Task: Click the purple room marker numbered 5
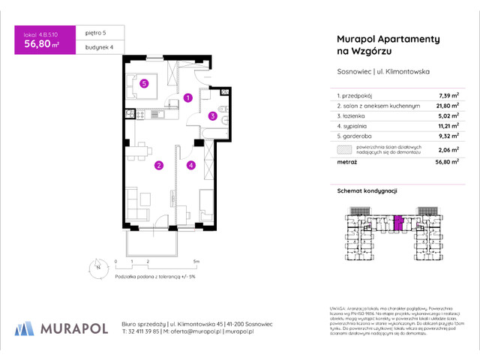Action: click(x=143, y=84)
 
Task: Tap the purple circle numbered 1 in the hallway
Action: click(x=188, y=97)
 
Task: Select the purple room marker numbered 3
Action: click(x=213, y=116)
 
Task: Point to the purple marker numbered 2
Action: click(x=158, y=166)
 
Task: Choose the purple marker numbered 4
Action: click(x=191, y=166)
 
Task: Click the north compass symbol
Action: click(x=97, y=265)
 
